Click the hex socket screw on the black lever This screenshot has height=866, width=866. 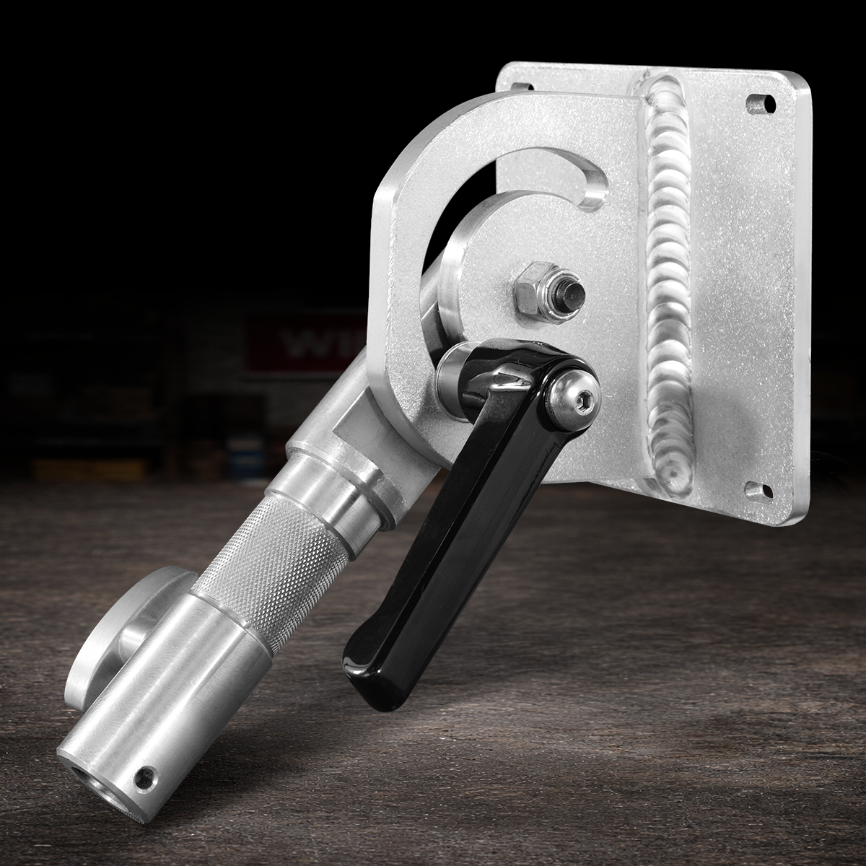[x=569, y=393]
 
